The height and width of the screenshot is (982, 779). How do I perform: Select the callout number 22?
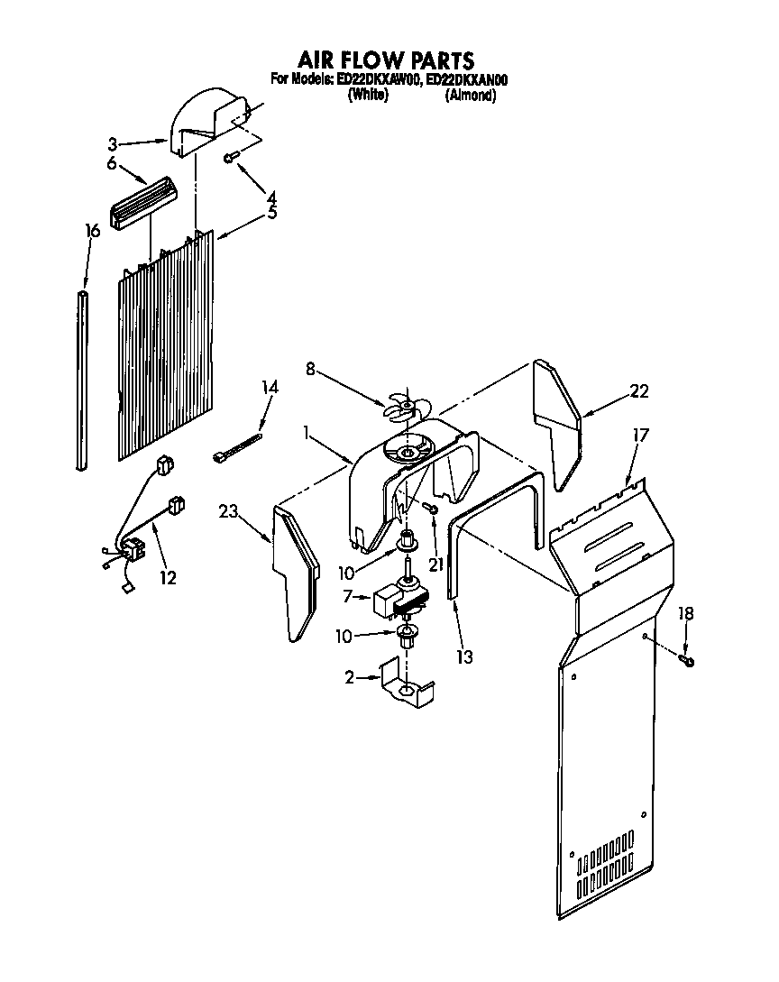[x=639, y=391]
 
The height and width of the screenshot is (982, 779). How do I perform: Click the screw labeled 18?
[x=689, y=662]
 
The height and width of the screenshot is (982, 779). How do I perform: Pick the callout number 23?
[x=228, y=513]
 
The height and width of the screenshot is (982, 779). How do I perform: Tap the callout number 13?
[x=464, y=657]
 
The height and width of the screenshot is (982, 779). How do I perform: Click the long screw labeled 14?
[x=238, y=447]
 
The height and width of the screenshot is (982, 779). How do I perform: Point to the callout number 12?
[x=168, y=577]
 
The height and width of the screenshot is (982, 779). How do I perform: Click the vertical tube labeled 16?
[x=83, y=380]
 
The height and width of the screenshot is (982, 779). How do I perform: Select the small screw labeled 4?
[x=231, y=158]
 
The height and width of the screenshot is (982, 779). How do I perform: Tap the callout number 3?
[x=113, y=143]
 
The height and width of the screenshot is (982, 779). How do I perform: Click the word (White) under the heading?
[x=368, y=96]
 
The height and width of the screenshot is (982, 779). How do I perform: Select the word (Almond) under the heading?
[x=471, y=96]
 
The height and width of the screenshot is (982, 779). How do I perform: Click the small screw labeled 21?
[x=434, y=511]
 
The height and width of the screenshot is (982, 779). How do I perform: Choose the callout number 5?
[x=271, y=214]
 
